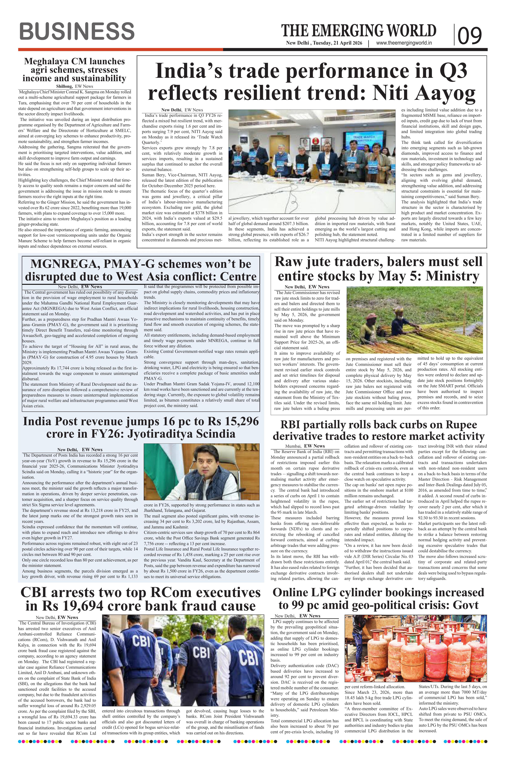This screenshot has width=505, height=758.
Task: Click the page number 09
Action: point(470,35)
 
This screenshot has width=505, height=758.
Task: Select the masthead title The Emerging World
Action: point(359,31)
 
